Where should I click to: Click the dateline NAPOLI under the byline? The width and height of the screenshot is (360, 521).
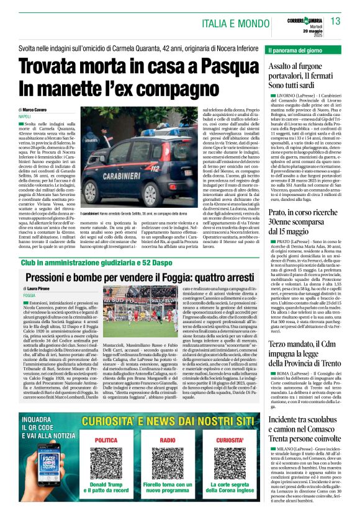25,117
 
